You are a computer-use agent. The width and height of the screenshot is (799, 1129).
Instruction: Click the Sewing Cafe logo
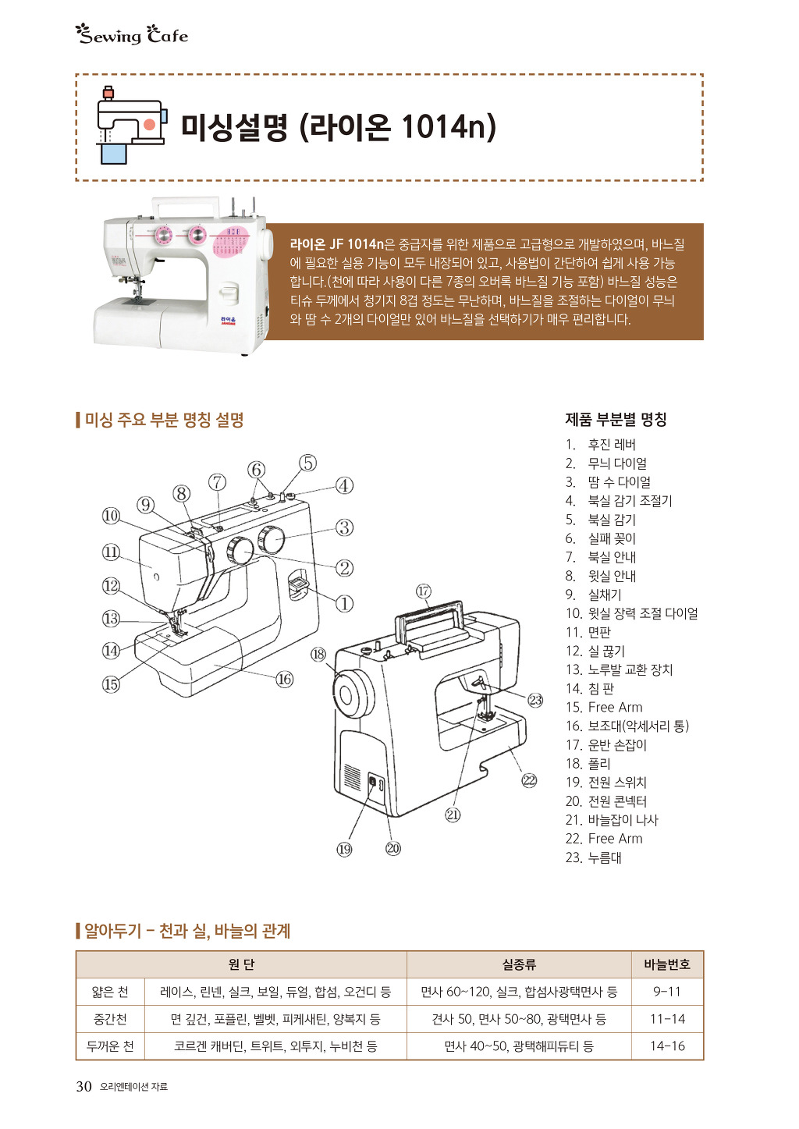click(132, 35)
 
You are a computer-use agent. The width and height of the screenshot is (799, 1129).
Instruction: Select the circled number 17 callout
click(424, 591)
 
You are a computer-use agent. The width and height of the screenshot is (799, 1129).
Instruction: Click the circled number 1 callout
click(345, 603)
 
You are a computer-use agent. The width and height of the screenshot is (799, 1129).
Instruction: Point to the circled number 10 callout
click(111, 516)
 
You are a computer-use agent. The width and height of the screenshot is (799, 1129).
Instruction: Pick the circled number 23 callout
click(535, 700)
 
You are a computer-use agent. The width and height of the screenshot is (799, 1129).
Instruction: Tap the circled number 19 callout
click(344, 850)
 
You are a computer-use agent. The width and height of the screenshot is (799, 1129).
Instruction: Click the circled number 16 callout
click(285, 679)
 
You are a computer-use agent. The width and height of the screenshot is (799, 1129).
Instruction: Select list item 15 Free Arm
click(604, 707)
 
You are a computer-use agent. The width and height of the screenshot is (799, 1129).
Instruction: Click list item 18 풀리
click(588, 764)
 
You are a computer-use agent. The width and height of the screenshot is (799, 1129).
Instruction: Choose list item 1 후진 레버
click(600, 445)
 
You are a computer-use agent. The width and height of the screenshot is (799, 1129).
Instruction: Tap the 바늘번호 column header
click(667, 964)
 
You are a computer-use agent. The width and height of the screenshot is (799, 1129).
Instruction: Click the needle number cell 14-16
click(667, 1046)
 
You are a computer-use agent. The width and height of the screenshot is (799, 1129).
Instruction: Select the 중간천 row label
click(110, 1019)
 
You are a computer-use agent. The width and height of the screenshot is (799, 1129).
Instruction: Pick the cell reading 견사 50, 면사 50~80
click(519, 1019)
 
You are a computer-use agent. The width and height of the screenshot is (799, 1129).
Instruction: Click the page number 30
click(83, 1086)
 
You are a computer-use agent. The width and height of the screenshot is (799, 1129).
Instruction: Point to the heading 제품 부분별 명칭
click(616, 419)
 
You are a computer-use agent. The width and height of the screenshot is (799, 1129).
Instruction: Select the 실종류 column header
click(519, 964)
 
